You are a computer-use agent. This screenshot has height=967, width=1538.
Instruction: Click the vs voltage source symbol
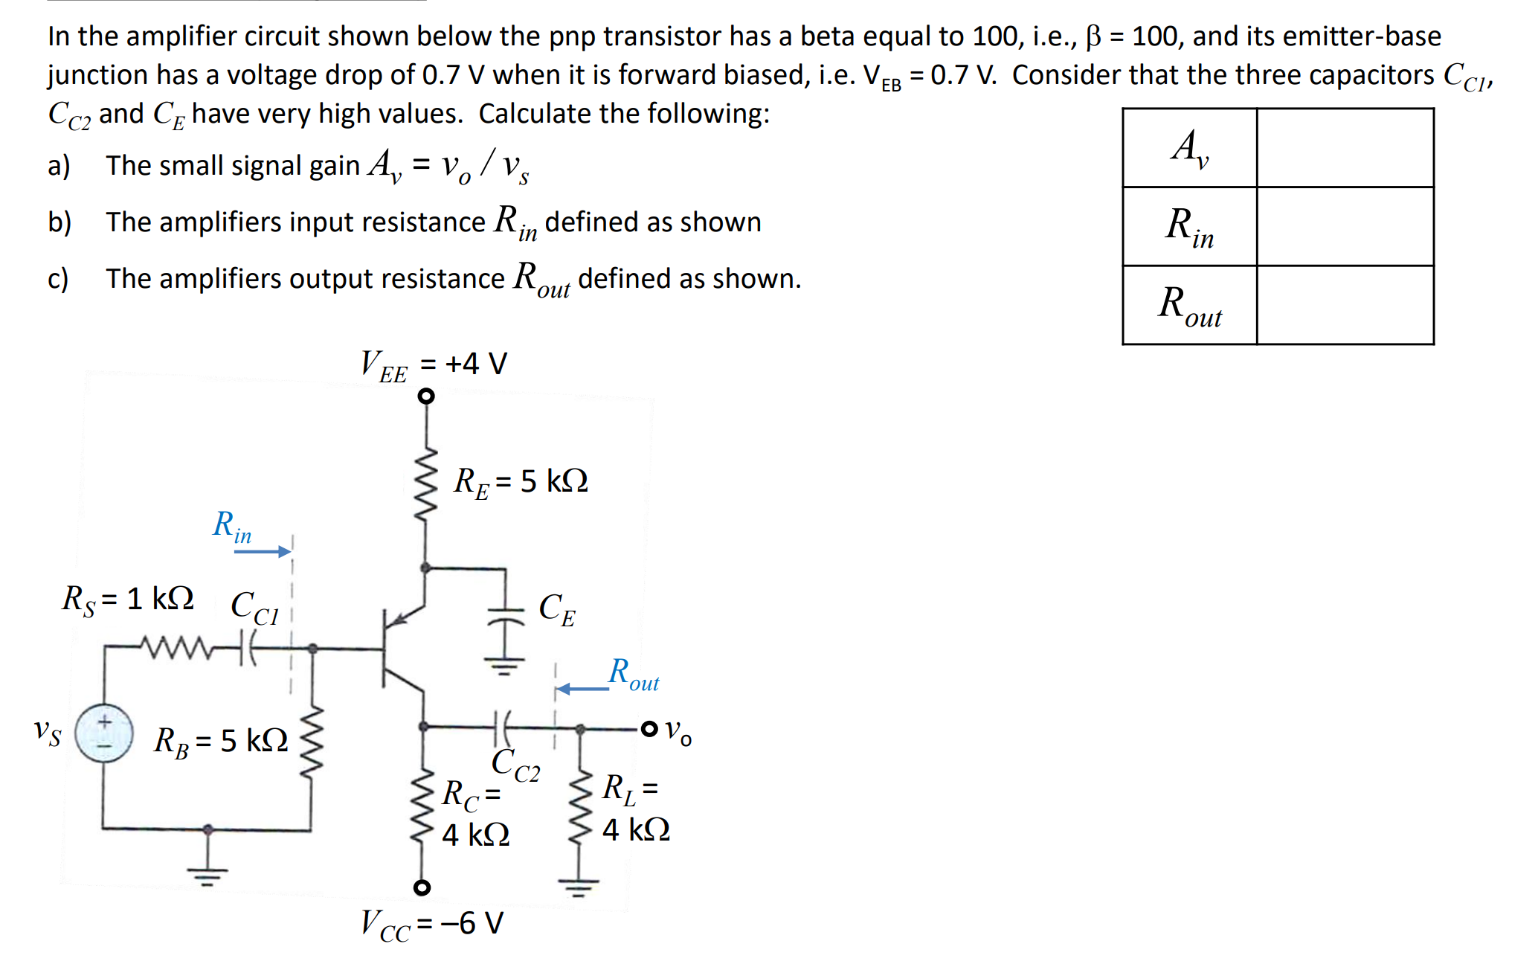coord(104,733)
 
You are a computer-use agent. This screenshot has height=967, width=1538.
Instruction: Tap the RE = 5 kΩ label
coord(521,481)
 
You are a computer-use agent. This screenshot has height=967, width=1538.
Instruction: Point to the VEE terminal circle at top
coord(425,396)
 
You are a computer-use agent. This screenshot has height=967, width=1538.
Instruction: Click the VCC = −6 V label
coord(432,924)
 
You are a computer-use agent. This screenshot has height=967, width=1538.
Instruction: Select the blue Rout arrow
coord(583,689)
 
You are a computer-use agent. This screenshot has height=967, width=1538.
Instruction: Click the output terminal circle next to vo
coord(649,728)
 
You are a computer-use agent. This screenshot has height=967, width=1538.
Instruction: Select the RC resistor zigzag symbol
coord(422,803)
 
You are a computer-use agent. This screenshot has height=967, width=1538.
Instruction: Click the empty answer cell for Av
coord(1345,147)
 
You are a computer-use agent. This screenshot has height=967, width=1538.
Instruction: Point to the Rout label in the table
coord(1189,305)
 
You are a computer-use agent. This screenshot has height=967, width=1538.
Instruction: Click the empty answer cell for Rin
coord(1345,226)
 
